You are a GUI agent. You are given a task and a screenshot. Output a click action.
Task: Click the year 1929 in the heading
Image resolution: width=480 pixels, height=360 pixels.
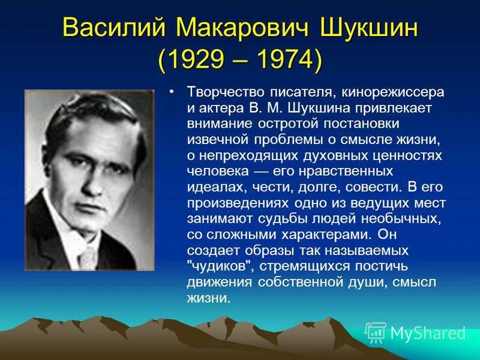[198, 60]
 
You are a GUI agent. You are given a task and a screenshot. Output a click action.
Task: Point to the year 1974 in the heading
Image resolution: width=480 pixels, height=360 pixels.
[282, 60]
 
